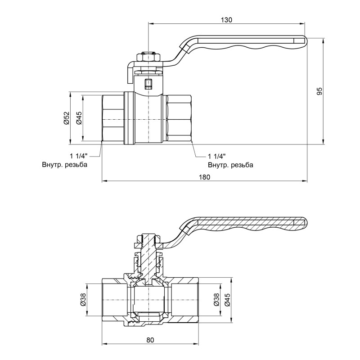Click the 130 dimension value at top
[227, 20]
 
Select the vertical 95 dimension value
[319, 91]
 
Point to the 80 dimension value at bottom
[150, 340]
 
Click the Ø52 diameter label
[66, 119]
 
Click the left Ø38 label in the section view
[82, 301]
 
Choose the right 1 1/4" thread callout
[216, 156]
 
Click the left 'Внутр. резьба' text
[64, 165]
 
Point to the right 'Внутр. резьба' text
[230, 165]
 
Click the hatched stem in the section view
[148, 256]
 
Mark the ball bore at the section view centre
[148, 299]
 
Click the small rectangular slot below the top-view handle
[148, 84]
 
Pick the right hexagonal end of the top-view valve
[179, 119]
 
